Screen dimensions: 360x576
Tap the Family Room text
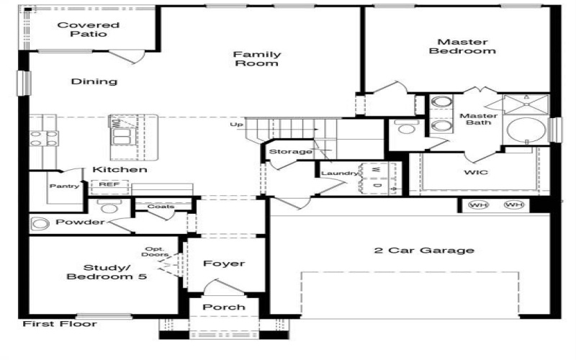(x=256, y=58)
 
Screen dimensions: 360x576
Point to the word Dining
(x=94, y=81)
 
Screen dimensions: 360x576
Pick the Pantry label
(x=64, y=186)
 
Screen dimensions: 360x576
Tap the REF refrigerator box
(x=109, y=185)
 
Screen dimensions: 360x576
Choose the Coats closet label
(x=161, y=207)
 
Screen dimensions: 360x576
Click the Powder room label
(x=79, y=222)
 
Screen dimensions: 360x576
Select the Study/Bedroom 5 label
(x=107, y=271)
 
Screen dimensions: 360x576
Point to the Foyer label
(x=223, y=264)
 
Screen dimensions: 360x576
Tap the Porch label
(x=223, y=307)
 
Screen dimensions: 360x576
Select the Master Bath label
(x=478, y=119)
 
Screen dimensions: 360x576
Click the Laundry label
(x=340, y=174)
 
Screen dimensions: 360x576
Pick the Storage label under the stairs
(x=290, y=152)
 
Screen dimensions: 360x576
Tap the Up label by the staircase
(x=236, y=125)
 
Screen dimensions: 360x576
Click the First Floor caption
(x=59, y=324)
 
